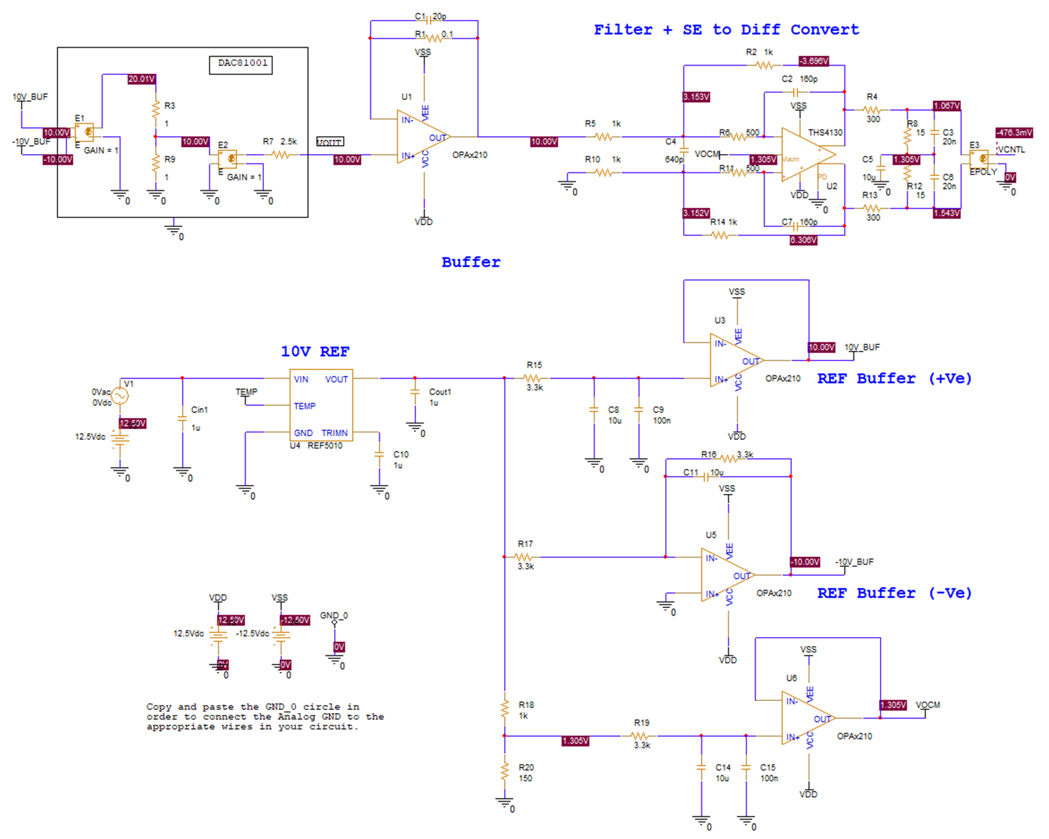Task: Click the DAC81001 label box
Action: [241, 64]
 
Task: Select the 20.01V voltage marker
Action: [141, 79]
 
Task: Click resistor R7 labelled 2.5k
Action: [280, 154]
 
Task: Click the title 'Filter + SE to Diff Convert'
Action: [726, 30]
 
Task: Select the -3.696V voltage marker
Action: [813, 61]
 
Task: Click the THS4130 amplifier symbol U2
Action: [806, 155]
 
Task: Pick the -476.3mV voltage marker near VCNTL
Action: [1014, 132]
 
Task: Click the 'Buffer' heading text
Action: [470, 262]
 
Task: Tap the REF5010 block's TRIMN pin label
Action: [334, 433]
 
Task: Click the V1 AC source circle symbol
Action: [120, 395]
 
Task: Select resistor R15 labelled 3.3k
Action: [533, 379]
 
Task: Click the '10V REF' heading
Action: [315, 351]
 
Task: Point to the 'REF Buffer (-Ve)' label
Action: [894, 593]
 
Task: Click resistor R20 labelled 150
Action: [505, 772]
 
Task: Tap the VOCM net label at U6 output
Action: [928, 705]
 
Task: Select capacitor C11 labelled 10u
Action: [706, 477]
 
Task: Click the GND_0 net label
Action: [334, 615]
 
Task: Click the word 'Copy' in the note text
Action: [159, 707]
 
